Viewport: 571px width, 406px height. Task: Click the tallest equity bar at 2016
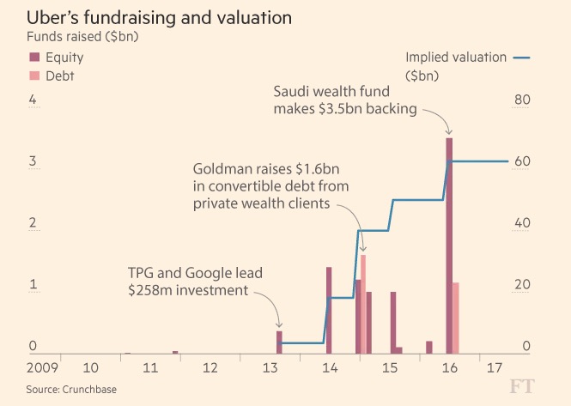pyautogui.click(x=449, y=245)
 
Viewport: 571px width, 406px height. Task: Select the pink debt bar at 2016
pyautogui.click(x=456, y=318)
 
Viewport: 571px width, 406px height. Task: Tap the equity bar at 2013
pyautogui.click(x=279, y=342)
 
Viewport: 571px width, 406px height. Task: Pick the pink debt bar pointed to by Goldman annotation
pyautogui.click(x=363, y=304)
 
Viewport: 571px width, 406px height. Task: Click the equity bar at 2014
pyautogui.click(x=329, y=310)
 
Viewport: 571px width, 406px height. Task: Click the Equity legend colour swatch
pyautogui.click(x=34, y=57)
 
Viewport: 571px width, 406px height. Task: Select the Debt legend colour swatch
pyautogui.click(x=34, y=75)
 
